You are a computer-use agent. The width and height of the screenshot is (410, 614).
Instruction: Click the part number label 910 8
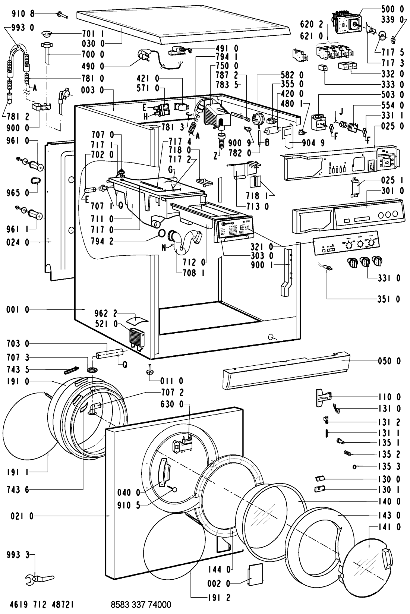point(23,14)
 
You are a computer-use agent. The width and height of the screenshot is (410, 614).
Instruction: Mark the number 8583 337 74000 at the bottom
point(141,604)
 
